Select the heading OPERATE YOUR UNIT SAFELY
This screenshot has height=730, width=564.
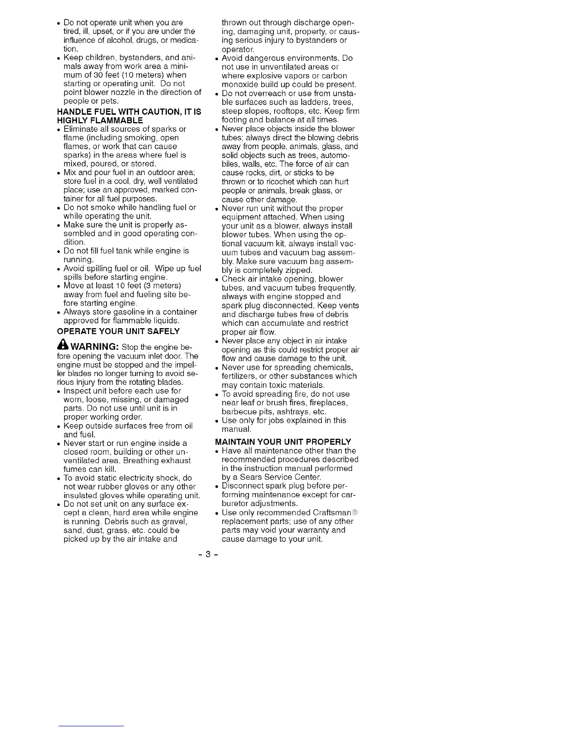[118, 331]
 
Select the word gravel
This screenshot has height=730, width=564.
[184, 521]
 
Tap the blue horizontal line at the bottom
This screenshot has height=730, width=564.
[91, 726]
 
